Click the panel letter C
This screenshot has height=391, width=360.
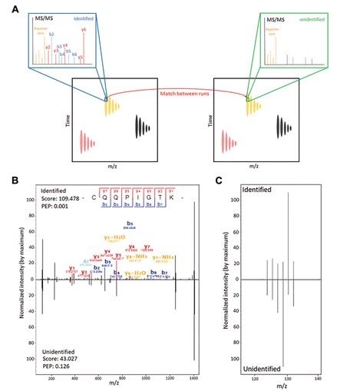pyautogui.click(x=220, y=181)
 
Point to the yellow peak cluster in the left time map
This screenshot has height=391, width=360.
pyautogui.click(x=116, y=106)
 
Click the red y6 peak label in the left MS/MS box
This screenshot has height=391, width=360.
pyautogui.click(x=83, y=29)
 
